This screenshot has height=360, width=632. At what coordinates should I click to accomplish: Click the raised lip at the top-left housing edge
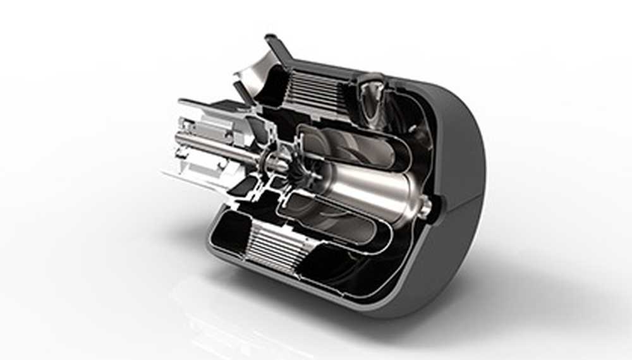(x=273, y=43)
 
